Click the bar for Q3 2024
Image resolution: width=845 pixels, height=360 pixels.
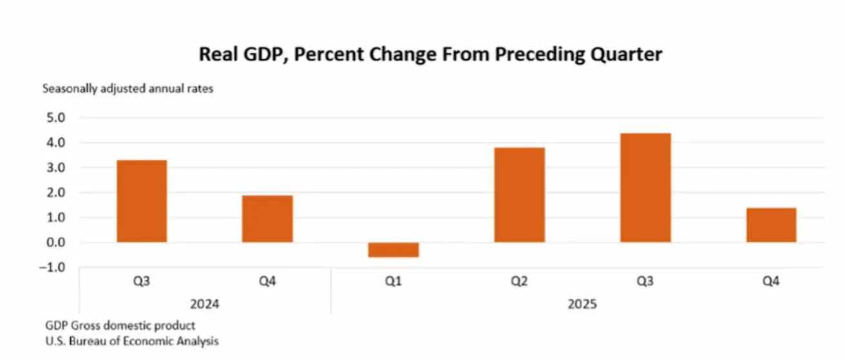point(142,201)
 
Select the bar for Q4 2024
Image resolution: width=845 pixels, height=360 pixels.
point(267,219)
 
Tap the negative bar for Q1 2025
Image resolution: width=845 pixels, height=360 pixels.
point(394,250)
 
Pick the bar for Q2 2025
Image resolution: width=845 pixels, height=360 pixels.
point(519,194)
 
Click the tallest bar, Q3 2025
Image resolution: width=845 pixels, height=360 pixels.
point(645,187)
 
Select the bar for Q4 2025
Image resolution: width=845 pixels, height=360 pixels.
point(771,225)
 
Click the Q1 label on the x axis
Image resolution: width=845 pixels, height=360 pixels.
point(394,281)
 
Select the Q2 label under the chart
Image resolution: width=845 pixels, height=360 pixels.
point(519,281)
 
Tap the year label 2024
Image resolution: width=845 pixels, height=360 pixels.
point(205,303)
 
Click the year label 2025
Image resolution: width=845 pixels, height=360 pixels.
point(583,303)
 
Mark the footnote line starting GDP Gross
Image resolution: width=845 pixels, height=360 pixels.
point(120,325)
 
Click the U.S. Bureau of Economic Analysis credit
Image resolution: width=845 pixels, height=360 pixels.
point(131,341)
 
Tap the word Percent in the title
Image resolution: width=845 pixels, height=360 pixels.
point(334,54)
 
